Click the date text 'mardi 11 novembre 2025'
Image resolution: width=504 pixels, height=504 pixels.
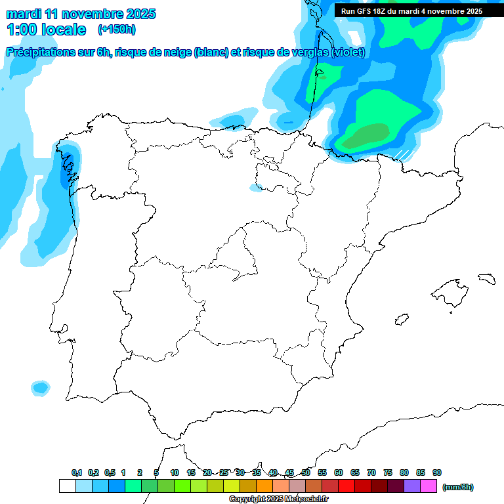(x=81, y=14)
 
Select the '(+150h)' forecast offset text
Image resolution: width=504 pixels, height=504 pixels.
(x=117, y=29)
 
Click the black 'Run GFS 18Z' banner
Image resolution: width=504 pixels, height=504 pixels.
(x=411, y=10)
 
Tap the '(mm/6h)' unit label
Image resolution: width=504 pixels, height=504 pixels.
(x=458, y=487)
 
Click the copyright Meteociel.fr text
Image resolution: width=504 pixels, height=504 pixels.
(x=278, y=499)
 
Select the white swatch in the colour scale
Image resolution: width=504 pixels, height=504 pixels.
(x=67, y=486)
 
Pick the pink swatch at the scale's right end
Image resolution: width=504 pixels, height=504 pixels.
(x=429, y=486)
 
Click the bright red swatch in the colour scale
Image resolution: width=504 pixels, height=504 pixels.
(x=346, y=486)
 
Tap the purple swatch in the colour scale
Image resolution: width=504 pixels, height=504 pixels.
(x=412, y=486)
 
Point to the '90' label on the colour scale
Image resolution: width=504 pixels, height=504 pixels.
(x=437, y=472)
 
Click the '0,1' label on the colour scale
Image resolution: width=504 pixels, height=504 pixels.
(x=77, y=472)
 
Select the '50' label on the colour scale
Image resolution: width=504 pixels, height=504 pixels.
(x=306, y=472)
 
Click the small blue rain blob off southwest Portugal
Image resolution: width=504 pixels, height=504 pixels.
(x=41, y=388)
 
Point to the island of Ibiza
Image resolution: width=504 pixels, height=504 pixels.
(x=401, y=320)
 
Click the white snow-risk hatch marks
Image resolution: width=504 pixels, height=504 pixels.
(x=402, y=154)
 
